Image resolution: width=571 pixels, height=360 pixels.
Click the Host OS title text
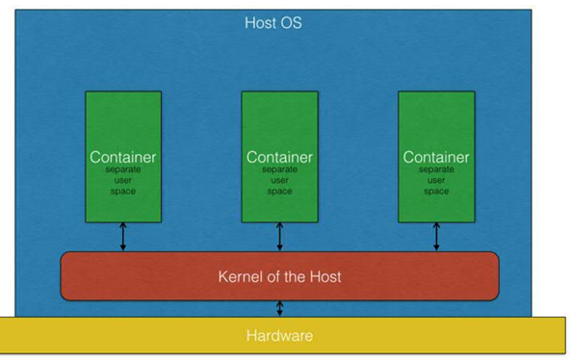click(273, 22)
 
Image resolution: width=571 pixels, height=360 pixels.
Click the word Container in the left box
click(122, 157)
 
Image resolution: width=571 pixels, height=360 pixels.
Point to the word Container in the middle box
click(279, 157)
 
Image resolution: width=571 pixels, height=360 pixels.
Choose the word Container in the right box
click(435, 157)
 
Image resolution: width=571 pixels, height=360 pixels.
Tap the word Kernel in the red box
click(239, 276)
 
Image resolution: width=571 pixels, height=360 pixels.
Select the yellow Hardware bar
click(279, 336)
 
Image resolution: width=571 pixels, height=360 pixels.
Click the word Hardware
click(279, 336)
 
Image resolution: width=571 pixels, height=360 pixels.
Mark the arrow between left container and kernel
click(123, 237)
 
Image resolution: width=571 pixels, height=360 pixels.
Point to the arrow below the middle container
click(280, 237)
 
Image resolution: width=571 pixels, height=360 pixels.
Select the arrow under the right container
click(436, 237)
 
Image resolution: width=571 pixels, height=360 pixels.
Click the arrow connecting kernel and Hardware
click(280, 308)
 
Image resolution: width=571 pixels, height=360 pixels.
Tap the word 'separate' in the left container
click(122, 169)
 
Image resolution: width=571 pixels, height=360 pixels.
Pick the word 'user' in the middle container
click(279, 180)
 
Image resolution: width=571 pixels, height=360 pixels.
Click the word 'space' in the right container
click(436, 191)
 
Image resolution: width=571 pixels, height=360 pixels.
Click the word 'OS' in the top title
click(291, 22)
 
